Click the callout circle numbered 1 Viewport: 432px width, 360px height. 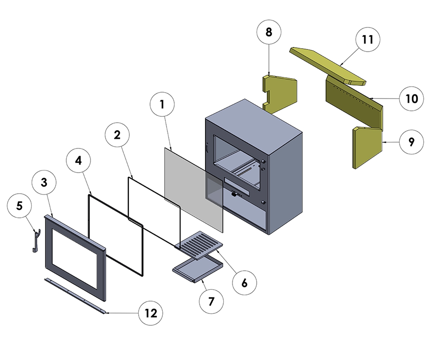pyautogui.click(x=162, y=105)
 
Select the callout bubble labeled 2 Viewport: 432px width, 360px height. pyautogui.click(x=117, y=135)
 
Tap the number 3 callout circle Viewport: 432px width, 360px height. pyautogui.click(x=44, y=183)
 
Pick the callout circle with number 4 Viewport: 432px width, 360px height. pyautogui.click(x=78, y=161)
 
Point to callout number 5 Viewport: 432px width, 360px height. pyautogui.click(x=19, y=206)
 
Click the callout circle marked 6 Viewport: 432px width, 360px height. pyautogui.click(x=244, y=283)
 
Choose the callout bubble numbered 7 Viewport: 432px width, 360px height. pyautogui.click(x=211, y=301)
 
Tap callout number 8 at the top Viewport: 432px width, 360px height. pyautogui.click(x=269, y=32)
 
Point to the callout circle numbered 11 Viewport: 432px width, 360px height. pyautogui.click(x=368, y=39)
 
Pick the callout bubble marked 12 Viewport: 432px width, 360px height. pyautogui.click(x=151, y=313)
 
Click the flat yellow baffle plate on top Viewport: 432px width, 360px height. pyautogui.click(x=328, y=65)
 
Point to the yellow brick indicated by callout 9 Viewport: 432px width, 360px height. pyautogui.click(x=367, y=148)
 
